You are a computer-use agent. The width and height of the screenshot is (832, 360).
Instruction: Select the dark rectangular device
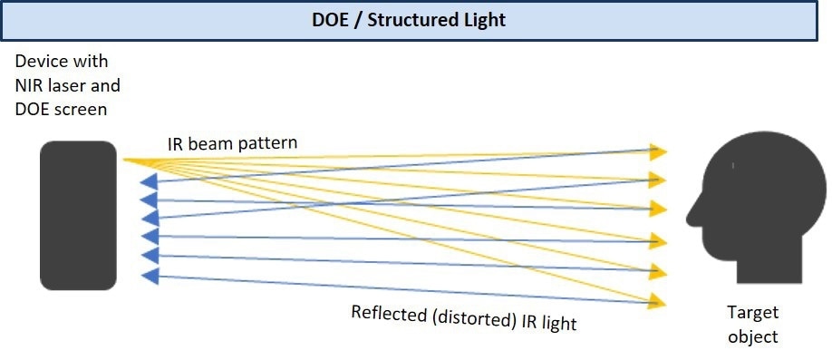(x=79, y=215)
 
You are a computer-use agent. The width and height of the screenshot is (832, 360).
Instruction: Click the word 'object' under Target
(x=752, y=336)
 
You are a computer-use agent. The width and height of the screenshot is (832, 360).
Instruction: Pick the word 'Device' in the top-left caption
(x=39, y=63)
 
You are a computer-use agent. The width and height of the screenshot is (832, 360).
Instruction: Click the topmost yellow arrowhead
(x=659, y=151)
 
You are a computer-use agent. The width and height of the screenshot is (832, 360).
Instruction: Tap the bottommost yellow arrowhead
(x=659, y=300)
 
